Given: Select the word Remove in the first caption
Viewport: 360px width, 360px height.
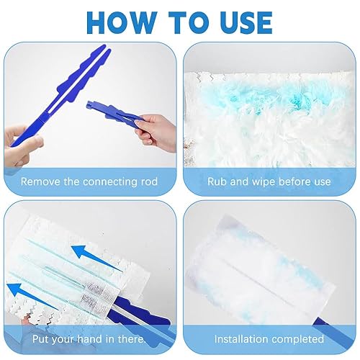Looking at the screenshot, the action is (x=40, y=181).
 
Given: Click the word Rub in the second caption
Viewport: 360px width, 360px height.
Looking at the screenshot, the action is (x=217, y=181).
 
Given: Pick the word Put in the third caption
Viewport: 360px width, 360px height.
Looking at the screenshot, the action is (x=40, y=339).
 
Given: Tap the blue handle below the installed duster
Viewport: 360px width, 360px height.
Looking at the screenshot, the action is (x=334, y=332).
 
